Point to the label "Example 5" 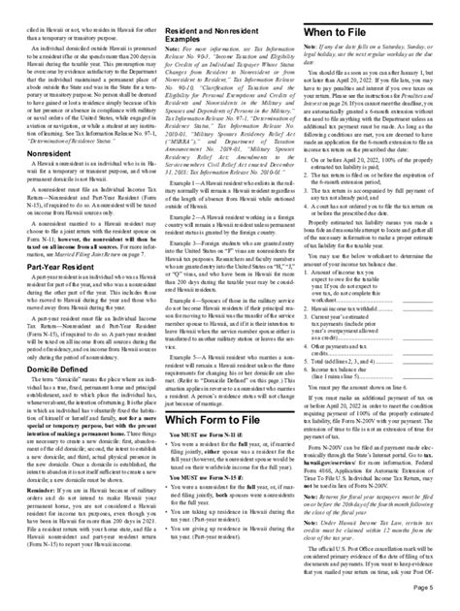(189, 355)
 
